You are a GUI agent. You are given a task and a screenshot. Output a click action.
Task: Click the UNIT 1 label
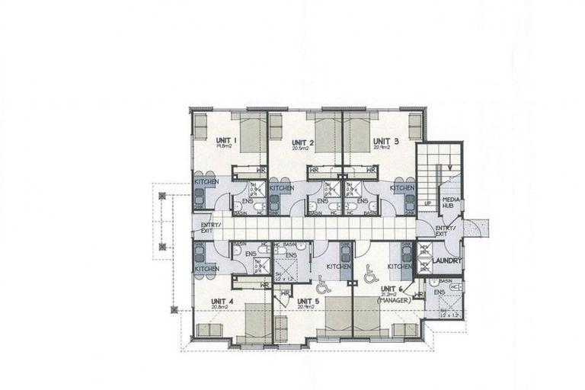227,140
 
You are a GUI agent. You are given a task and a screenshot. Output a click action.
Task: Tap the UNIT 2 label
303,142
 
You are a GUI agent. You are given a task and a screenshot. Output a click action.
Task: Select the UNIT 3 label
385,141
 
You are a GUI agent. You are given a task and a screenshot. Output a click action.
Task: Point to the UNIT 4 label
222,302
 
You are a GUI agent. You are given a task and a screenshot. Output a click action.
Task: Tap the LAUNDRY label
447,261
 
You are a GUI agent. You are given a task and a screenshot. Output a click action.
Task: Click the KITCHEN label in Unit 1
206,181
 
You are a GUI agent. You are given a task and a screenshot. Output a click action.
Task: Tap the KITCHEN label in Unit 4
206,268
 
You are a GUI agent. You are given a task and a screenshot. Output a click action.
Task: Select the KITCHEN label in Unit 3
402,187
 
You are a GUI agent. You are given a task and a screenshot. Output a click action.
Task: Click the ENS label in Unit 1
247,201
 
